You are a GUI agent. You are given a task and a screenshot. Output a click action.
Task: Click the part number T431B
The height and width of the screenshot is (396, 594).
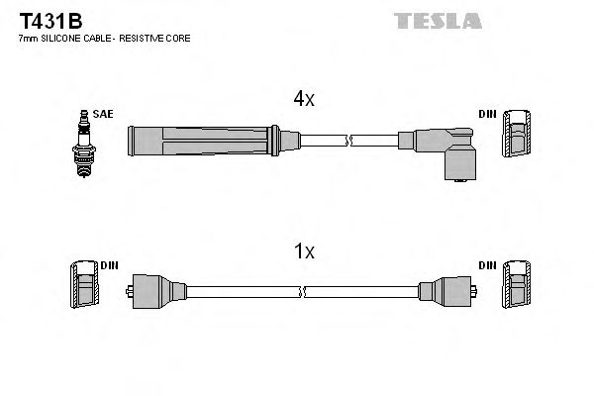pyautogui.click(x=41, y=20)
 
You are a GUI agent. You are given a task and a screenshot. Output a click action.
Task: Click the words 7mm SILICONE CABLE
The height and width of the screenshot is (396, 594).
pyautogui.click(x=63, y=38)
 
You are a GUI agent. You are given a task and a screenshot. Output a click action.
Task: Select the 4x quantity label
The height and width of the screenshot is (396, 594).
pyautogui.click(x=303, y=99)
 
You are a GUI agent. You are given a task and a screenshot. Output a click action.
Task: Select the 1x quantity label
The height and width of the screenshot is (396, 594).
pyautogui.click(x=303, y=252)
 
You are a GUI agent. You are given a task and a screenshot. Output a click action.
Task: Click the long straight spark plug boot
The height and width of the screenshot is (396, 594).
pyautogui.click(x=198, y=142)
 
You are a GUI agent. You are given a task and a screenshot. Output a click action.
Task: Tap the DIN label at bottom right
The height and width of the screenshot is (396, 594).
pyautogui.click(x=487, y=266)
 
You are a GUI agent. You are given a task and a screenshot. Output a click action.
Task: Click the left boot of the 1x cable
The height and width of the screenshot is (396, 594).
pyautogui.click(x=156, y=291)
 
